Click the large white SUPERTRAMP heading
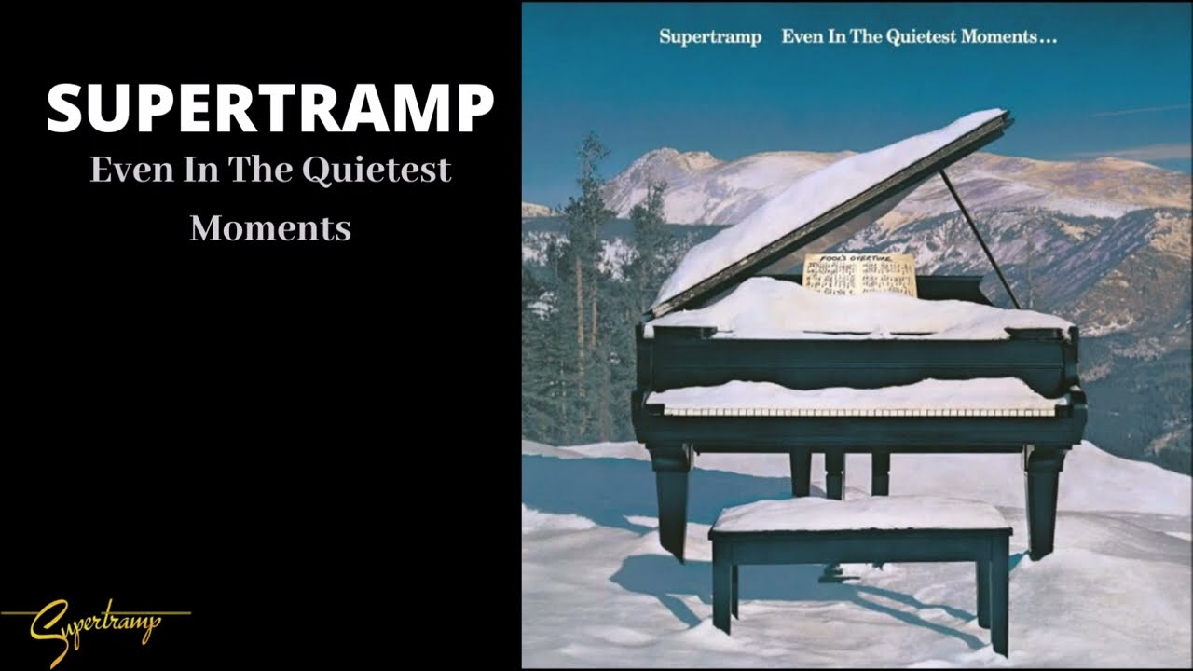(270, 108)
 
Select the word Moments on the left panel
(270, 227)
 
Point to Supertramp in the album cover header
(710, 38)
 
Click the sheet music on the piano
(859, 276)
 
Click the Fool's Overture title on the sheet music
(858, 259)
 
